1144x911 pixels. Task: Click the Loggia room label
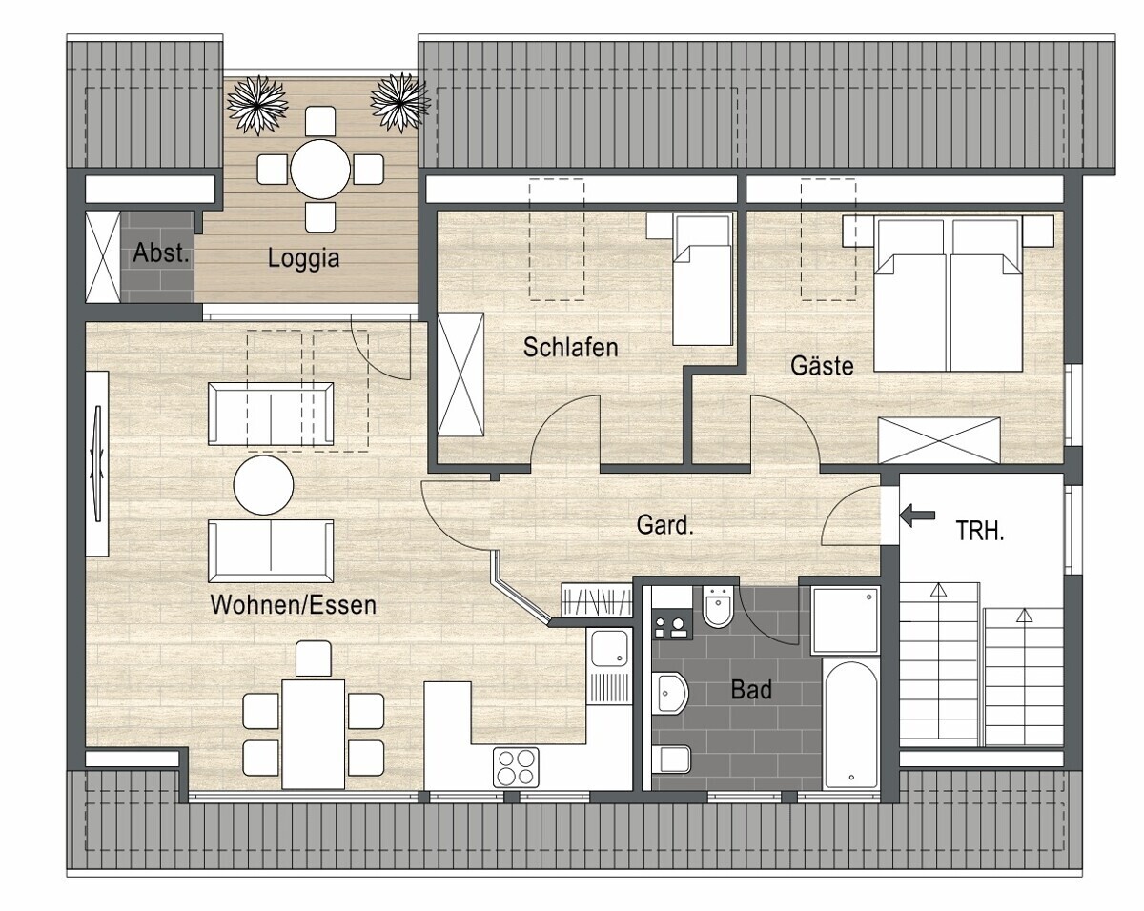(303, 259)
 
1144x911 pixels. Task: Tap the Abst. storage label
(161, 253)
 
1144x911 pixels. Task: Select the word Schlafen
(570, 348)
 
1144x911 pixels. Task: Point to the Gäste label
(822, 365)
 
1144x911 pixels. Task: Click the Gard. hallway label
(665, 525)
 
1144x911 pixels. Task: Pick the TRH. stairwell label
(980, 531)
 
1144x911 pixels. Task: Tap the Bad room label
(751, 689)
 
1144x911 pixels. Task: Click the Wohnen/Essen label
(294, 605)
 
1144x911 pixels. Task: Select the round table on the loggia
(320, 170)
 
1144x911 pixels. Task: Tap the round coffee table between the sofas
(264, 485)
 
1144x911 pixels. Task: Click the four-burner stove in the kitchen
(516, 767)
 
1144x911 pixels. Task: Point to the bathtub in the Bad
(850, 725)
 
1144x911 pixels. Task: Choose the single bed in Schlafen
(702, 279)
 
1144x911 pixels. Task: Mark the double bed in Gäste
(949, 294)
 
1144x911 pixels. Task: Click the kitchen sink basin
(609, 648)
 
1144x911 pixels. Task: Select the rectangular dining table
(314, 734)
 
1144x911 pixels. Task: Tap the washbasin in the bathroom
(671, 693)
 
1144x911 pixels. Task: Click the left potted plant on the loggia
(257, 105)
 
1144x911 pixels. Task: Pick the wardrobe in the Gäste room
(939, 440)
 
